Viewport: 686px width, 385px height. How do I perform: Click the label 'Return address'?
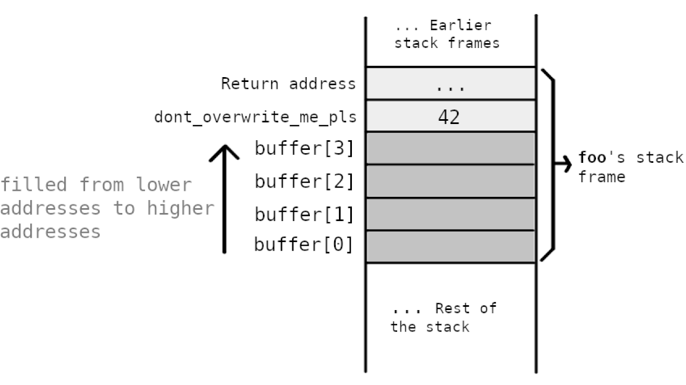[288, 84]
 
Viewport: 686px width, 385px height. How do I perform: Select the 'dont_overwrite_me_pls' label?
[255, 117]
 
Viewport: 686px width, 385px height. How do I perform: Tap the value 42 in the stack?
[449, 116]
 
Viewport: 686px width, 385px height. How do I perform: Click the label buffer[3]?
[304, 149]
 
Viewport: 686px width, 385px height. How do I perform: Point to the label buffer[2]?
[304, 181]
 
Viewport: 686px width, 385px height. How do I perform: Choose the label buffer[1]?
[304, 214]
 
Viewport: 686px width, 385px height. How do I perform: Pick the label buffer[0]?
[304, 244]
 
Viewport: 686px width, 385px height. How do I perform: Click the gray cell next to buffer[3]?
[451, 148]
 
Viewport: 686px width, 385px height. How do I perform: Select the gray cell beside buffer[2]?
[451, 181]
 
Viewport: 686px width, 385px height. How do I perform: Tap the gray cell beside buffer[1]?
[451, 214]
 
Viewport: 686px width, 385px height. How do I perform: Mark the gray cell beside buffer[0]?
[451, 246]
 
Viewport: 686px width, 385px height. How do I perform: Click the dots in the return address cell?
[449, 86]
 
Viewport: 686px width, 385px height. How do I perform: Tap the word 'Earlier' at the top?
[460, 25]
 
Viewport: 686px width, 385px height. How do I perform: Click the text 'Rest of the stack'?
[443, 318]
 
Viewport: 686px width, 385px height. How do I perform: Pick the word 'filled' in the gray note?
[33, 185]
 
